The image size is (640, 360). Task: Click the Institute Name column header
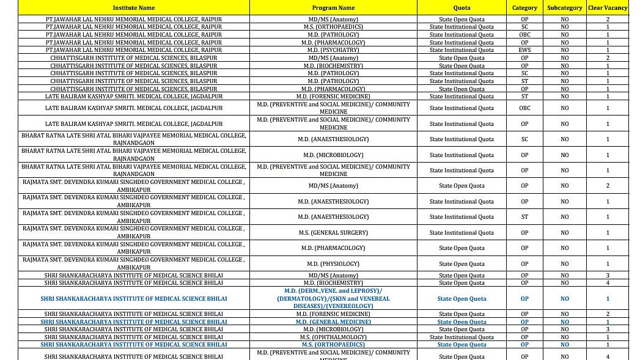click(134, 8)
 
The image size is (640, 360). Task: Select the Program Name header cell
click(333, 8)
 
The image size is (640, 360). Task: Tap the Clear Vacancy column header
click(607, 8)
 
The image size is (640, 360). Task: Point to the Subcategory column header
click(564, 8)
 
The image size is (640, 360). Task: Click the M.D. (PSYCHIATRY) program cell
click(333, 50)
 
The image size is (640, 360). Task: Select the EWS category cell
click(524, 50)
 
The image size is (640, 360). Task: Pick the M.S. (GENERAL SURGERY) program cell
click(333, 233)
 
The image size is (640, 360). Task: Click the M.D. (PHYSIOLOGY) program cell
click(333, 264)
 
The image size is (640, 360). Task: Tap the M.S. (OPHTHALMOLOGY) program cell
click(333, 337)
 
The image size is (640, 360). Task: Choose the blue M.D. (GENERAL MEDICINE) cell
click(333, 322)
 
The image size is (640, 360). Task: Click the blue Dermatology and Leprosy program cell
click(333, 299)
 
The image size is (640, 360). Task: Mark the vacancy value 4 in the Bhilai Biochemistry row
click(607, 283)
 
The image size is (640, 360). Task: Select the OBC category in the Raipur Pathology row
click(524, 35)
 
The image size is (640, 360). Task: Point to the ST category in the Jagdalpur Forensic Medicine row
click(524, 97)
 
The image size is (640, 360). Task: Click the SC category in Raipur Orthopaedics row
click(524, 27)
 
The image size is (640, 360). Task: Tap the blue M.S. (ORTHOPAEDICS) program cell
click(333, 345)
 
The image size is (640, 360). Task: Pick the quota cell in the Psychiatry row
click(462, 50)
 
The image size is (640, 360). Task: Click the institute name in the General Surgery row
click(134, 233)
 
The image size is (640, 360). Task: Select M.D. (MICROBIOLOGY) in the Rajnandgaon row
click(333, 155)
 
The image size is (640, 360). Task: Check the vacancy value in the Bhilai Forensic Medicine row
click(607, 314)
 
